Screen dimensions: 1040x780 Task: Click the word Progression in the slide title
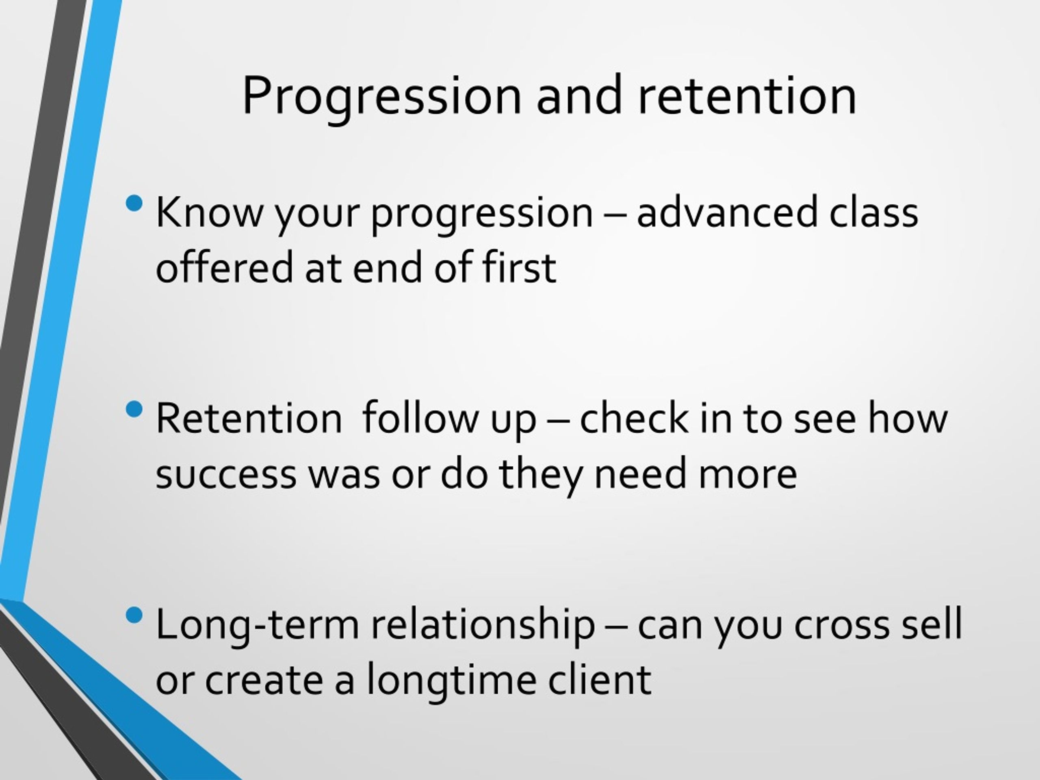point(382,98)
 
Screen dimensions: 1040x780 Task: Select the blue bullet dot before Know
point(134,204)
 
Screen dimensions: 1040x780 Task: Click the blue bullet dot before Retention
point(134,409)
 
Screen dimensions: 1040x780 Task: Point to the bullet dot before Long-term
point(134,615)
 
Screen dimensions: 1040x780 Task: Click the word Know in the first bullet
point(209,212)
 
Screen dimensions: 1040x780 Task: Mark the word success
point(226,474)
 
